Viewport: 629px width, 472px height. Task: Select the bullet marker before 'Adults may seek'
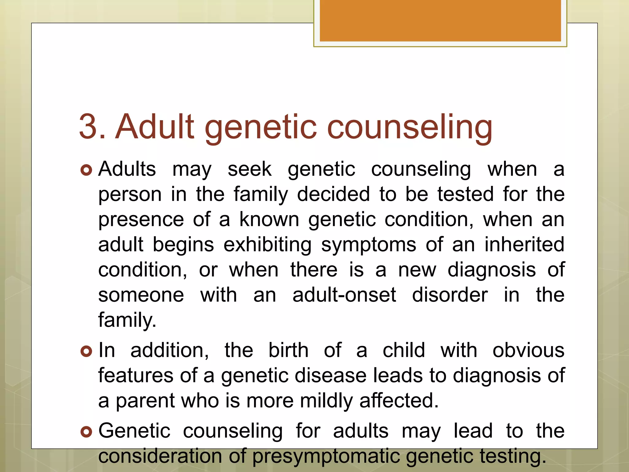pyautogui.click(x=86, y=170)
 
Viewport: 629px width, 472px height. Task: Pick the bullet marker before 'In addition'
pyautogui.click(x=86, y=351)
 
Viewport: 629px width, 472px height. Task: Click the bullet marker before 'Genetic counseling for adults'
pyautogui.click(x=86, y=432)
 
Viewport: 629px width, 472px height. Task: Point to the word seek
pyautogui.click(x=249, y=169)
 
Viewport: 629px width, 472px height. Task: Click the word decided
pyautogui.click(x=333, y=194)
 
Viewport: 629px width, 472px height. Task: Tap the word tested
pyautogui.click(x=465, y=194)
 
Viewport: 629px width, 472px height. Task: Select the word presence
pyautogui.click(x=141, y=220)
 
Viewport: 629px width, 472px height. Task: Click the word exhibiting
pyautogui.click(x=267, y=245)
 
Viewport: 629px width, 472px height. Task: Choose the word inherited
pyautogui.click(x=524, y=245)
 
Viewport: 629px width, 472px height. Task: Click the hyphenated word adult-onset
pyautogui.click(x=344, y=295)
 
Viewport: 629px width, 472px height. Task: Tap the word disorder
pyautogui.click(x=450, y=295)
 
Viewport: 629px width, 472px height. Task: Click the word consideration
pyautogui.click(x=160, y=456)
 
